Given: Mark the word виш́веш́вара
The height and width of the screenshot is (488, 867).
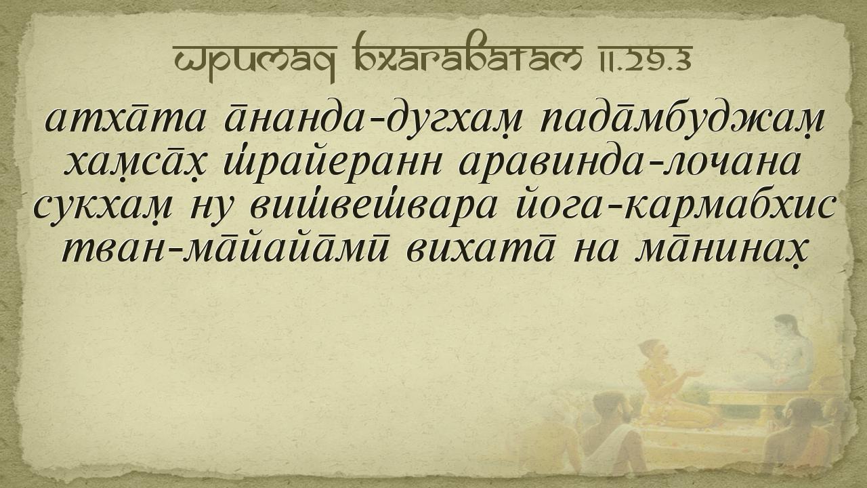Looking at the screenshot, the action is point(373,205).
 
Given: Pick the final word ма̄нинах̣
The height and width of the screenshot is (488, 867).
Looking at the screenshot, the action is point(716,249).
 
